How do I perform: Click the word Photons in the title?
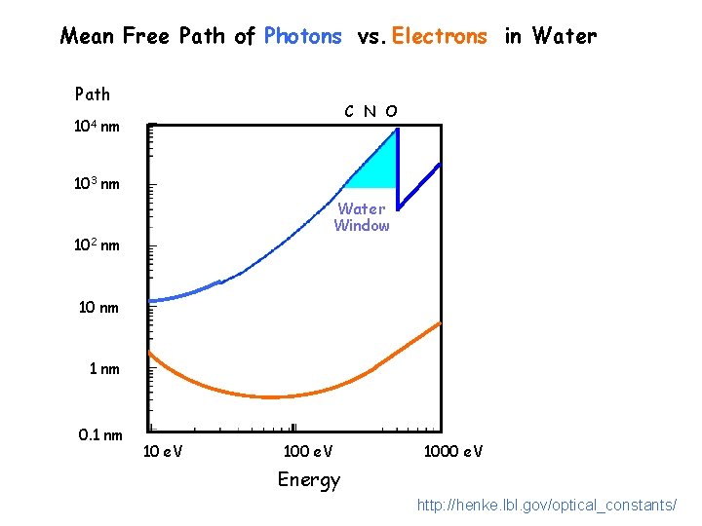(x=303, y=37)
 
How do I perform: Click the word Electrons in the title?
(x=439, y=37)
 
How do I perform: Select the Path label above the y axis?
(x=93, y=94)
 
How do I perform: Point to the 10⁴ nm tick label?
(x=97, y=126)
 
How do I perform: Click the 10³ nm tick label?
(x=97, y=183)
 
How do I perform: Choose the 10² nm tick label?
(x=97, y=244)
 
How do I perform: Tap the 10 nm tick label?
(x=98, y=308)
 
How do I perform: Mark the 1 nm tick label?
(x=104, y=369)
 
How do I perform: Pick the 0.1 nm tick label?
(x=100, y=434)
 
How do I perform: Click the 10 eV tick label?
(x=164, y=451)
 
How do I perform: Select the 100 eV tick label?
(x=307, y=451)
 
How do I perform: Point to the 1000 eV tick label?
(x=452, y=451)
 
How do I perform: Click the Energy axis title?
(x=309, y=479)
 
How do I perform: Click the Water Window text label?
(x=362, y=217)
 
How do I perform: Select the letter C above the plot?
(x=350, y=111)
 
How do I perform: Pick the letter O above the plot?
(x=391, y=111)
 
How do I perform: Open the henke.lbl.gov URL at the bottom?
(x=546, y=505)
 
